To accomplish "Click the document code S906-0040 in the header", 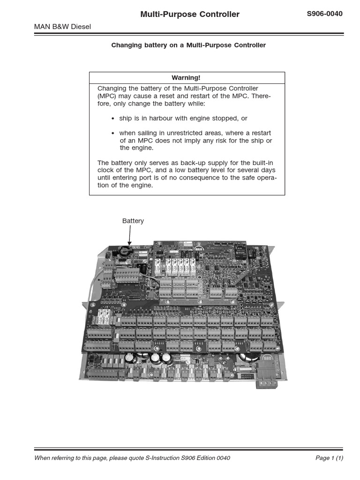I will tap(324, 14).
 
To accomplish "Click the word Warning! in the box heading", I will tap(186, 78).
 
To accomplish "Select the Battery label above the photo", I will tap(133, 221).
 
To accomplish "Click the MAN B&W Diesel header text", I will tap(63, 27).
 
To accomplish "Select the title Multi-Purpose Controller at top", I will tap(190, 15).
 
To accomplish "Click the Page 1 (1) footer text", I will tap(330, 458).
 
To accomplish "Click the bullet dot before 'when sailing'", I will tap(113, 134).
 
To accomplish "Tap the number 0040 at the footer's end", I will tap(222, 458).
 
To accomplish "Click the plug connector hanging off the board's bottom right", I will tap(266, 384).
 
